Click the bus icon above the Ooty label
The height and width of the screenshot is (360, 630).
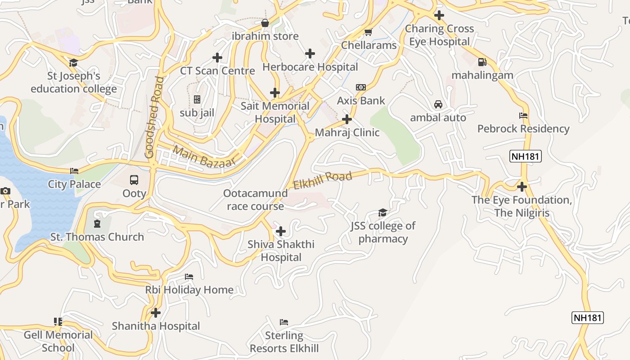pyautogui.click(x=134, y=180)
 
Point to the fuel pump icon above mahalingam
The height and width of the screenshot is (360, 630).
pyautogui.click(x=482, y=62)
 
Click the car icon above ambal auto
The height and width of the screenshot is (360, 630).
pyautogui.click(x=438, y=104)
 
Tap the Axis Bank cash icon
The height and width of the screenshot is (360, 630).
pyautogui.click(x=361, y=87)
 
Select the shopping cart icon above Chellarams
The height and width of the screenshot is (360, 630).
pyautogui.click(x=369, y=32)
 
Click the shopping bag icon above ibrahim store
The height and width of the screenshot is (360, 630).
pyautogui.click(x=265, y=22)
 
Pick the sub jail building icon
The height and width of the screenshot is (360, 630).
pyautogui.click(x=197, y=99)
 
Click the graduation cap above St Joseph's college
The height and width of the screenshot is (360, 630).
pyautogui.click(x=73, y=63)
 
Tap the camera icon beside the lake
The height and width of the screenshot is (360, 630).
pyautogui.click(x=5, y=191)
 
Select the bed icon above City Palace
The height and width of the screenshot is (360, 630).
pyautogui.click(x=74, y=171)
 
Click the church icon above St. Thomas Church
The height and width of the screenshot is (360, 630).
pyautogui.click(x=97, y=224)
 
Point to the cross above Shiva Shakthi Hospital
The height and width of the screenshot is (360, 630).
pyautogui.click(x=281, y=231)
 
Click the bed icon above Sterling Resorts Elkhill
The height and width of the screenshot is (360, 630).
pyautogui.click(x=284, y=322)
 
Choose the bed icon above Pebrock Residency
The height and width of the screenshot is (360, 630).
pyautogui.click(x=523, y=116)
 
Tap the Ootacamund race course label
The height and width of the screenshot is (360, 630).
pyautogui.click(x=255, y=200)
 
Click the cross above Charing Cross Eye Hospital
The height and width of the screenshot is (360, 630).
pyautogui.click(x=439, y=15)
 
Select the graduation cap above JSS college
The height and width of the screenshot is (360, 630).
pyautogui.click(x=382, y=212)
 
